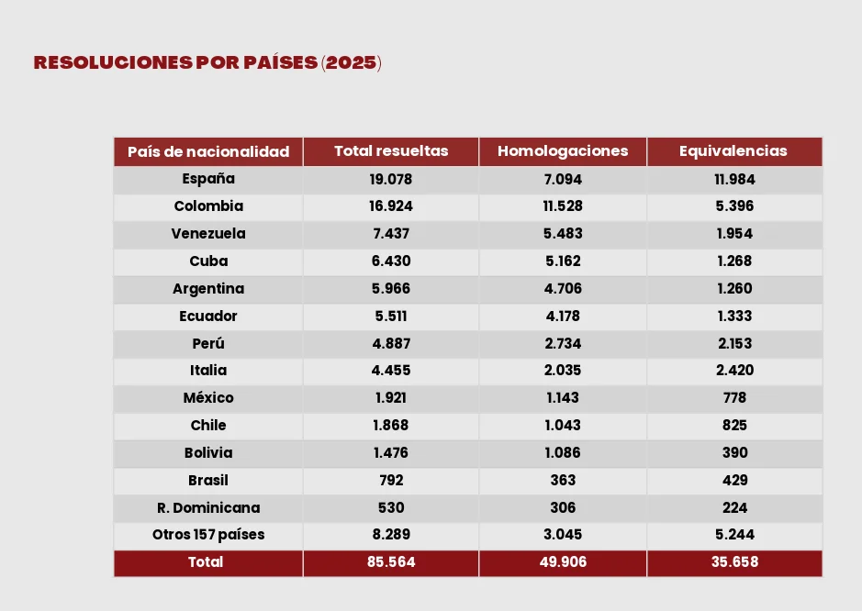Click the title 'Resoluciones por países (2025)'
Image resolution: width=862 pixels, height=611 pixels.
207,63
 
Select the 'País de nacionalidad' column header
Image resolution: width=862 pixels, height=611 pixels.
208,151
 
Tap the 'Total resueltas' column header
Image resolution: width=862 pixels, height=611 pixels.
391,151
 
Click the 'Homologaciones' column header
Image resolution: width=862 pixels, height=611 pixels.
563,151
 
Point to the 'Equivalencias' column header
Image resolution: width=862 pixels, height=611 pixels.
733,151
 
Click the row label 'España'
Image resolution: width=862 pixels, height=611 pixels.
208,179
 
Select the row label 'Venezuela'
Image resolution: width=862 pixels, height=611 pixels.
208,234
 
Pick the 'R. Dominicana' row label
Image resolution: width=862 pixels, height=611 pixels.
208,507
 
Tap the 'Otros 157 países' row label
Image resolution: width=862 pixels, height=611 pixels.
208,535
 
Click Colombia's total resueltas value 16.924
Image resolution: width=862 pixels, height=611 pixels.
391,206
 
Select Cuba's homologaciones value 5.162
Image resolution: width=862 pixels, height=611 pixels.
563,261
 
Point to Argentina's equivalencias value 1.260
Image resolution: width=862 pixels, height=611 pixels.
734,289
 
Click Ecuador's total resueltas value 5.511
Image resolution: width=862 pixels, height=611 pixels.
391,317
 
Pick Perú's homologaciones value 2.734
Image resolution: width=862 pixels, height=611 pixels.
563,344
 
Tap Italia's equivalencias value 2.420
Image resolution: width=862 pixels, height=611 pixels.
734,371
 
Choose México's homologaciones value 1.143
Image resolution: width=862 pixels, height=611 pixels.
563,398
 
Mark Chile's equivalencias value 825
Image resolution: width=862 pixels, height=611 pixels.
734,426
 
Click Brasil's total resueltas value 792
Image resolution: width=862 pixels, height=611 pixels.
391,480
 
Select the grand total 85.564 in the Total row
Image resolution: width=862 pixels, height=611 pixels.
391,562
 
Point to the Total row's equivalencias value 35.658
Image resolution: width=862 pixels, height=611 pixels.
734,562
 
